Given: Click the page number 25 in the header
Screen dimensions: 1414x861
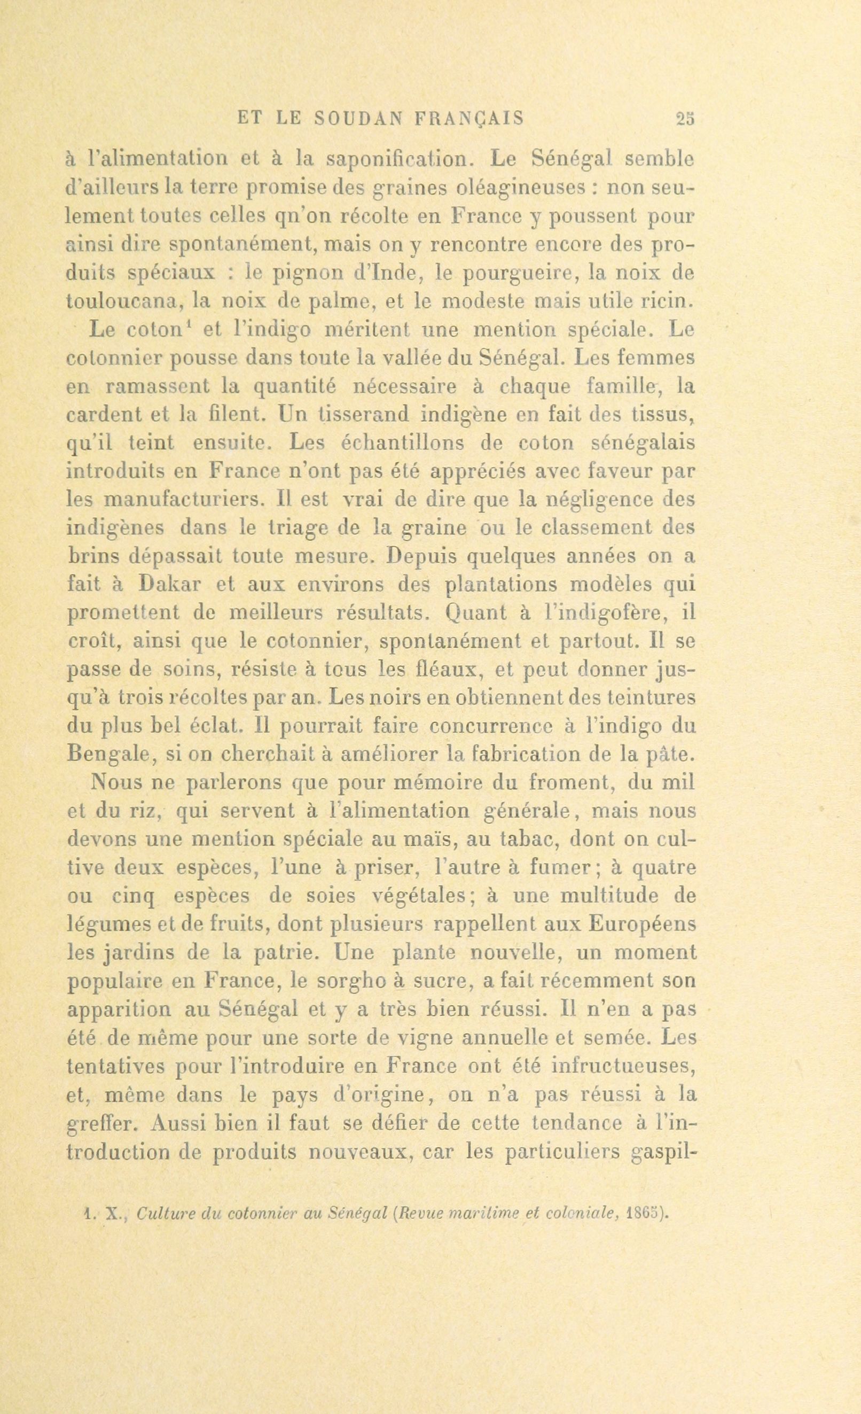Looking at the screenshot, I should (x=685, y=118).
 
